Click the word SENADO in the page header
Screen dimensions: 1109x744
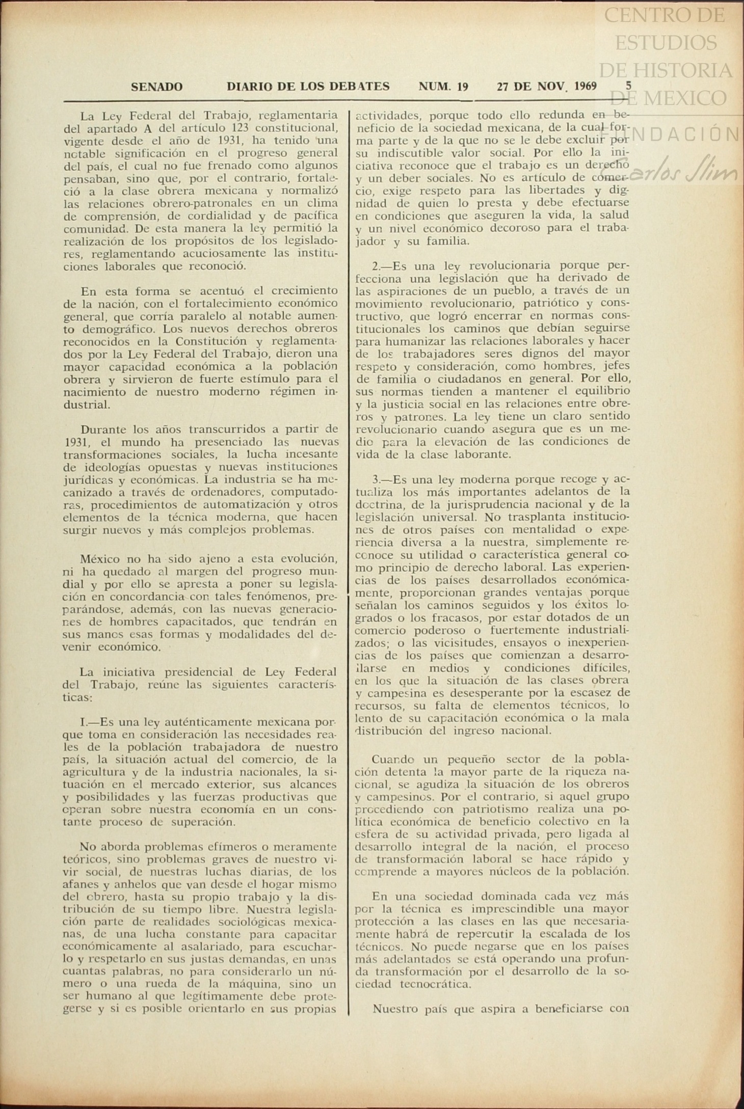tap(156, 87)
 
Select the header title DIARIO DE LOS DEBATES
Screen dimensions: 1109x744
tap(308, 86)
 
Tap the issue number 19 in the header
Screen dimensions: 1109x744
tap(463, 87)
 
